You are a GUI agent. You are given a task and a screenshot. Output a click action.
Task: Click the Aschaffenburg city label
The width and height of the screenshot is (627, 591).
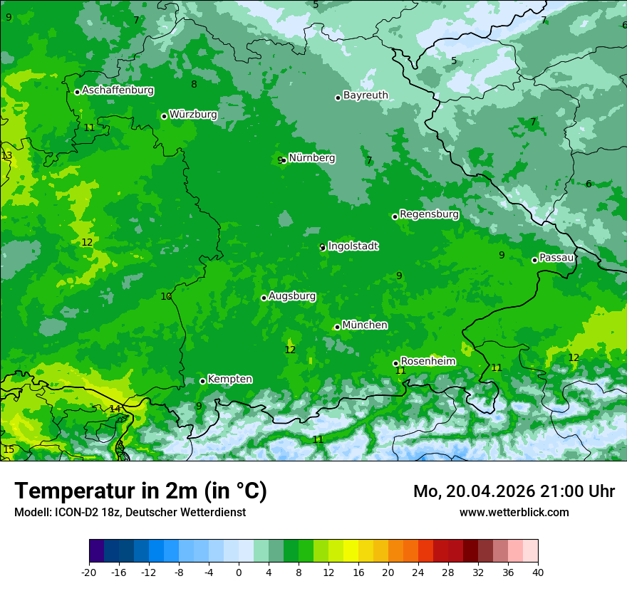pos(118,90)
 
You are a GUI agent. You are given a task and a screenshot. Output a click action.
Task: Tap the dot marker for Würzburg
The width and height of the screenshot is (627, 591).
pos(164,116)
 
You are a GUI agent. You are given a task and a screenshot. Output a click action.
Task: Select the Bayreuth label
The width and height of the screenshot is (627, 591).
pos(366,95)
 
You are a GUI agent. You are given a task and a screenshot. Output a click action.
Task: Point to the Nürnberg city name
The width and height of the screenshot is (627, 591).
pos(311,158)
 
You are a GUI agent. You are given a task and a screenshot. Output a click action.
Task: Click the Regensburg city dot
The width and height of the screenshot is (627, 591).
pos(395,216)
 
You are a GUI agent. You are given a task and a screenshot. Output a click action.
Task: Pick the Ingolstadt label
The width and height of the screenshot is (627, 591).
pos(353,246)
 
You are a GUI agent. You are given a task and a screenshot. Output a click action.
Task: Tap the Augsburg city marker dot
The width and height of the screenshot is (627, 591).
pos(264,298)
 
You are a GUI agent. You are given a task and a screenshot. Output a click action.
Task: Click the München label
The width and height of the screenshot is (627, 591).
pos(365,325)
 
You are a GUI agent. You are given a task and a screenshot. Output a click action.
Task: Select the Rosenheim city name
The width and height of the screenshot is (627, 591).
pos(427,361)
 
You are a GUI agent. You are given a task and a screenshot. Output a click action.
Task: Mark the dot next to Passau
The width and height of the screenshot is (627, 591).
pos(534,260)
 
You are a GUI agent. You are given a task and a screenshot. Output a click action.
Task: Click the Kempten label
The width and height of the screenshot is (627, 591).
pos(229,379)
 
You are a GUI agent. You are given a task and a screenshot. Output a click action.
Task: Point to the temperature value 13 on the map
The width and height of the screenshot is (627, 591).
pos(7,155)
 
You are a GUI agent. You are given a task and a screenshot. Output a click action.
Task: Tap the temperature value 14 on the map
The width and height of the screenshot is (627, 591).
pos(115,409)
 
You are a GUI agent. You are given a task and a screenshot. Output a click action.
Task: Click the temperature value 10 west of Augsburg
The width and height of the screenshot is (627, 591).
pos(166,296)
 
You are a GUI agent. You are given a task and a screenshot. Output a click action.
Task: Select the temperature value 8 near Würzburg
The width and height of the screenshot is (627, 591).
pos(194,84)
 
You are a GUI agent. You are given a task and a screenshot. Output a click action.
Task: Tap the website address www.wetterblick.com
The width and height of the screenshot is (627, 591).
pos(514,512)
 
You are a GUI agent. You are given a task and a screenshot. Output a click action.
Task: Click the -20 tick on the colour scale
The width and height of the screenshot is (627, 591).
pos(89,572)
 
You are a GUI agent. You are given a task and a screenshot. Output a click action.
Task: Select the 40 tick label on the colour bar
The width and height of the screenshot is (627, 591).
pos(537,572)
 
